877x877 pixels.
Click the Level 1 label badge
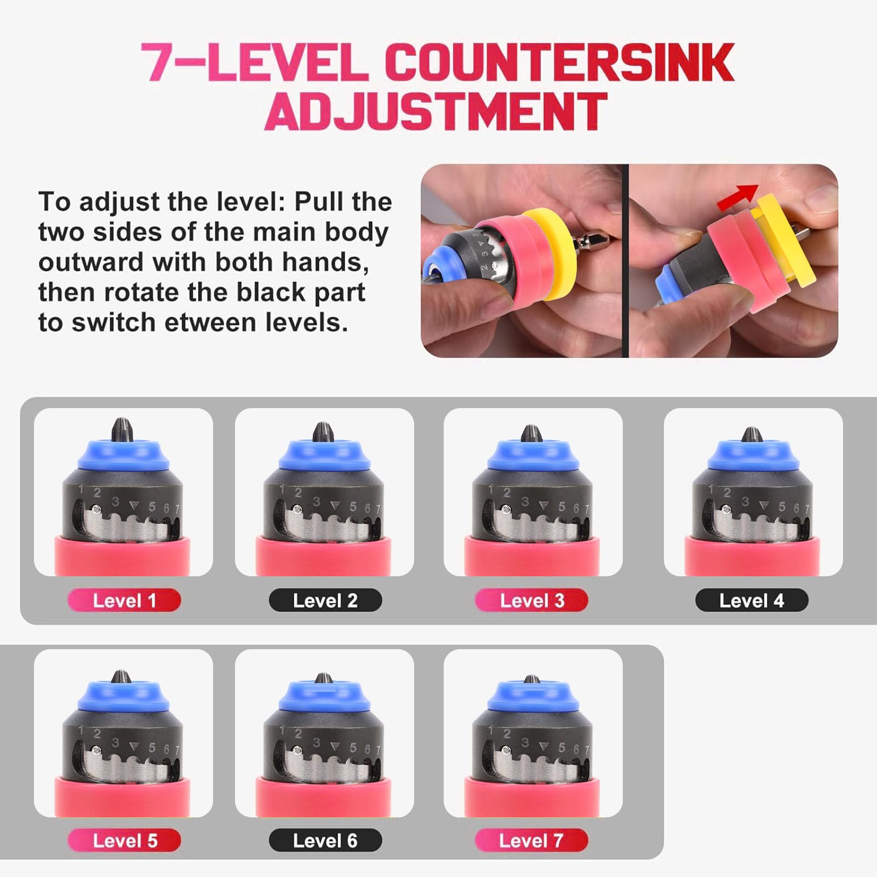pos(124,600)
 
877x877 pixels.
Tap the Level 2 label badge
pos(325,600)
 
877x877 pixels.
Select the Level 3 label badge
pos(531,600)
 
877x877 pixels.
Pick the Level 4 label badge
pos(752,600)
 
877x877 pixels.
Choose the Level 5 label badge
pos(124,840)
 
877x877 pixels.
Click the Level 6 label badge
pos(325,840)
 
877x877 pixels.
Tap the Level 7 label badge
pos(531,840)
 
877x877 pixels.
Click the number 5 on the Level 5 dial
pos(152,748)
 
